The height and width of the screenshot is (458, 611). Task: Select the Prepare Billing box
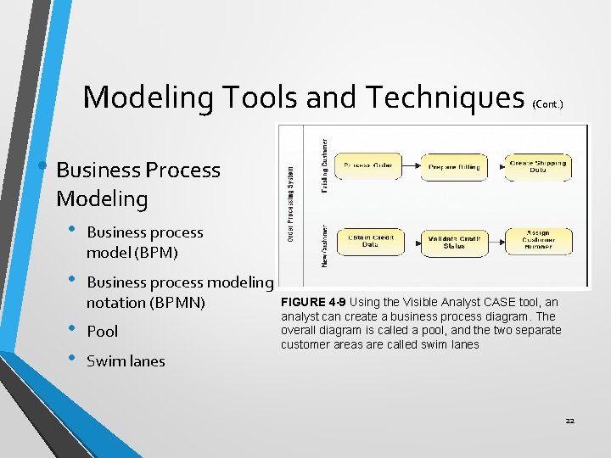pos(454,167)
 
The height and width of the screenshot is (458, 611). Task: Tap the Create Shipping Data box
pos(537,167)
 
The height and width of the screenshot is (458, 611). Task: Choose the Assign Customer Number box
pos(537,241)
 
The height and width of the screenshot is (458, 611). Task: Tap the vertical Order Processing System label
pos(291,204)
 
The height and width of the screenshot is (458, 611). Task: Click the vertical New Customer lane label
pos(324,245)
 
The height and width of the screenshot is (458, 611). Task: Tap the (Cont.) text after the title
pos(547,103)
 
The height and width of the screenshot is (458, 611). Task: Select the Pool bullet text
pos(103,332)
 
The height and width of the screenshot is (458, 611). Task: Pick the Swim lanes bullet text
pos(126,361)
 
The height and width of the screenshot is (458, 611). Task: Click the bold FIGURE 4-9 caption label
pos(313,303)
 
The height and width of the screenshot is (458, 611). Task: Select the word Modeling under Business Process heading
pos(101,199)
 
